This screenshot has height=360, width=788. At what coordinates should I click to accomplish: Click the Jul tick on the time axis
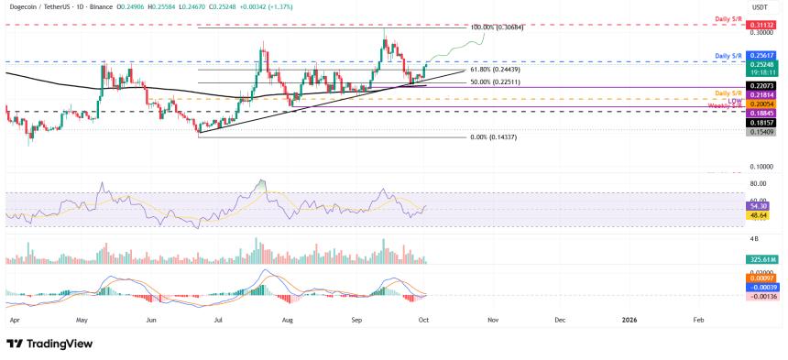[219, 320]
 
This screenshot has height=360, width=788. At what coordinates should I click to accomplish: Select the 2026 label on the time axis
[629, 320]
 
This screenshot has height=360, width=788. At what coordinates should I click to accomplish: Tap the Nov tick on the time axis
[492, 320]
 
